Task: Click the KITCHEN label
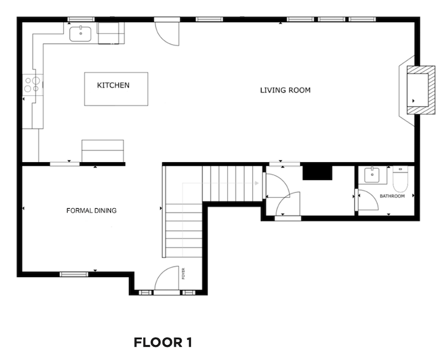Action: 114,85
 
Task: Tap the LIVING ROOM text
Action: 285,90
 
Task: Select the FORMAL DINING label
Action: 91,211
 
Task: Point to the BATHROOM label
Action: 392,196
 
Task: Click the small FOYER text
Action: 184,273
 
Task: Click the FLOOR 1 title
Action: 163,343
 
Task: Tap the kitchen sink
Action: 80,34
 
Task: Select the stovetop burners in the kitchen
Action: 32,85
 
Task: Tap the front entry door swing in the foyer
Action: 167,278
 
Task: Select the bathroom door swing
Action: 368,200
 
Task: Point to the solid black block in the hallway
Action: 317,173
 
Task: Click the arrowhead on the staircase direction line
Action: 257,183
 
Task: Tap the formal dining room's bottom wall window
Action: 74,274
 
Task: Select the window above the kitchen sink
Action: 81,19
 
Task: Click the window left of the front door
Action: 145,292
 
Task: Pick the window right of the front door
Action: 188,292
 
